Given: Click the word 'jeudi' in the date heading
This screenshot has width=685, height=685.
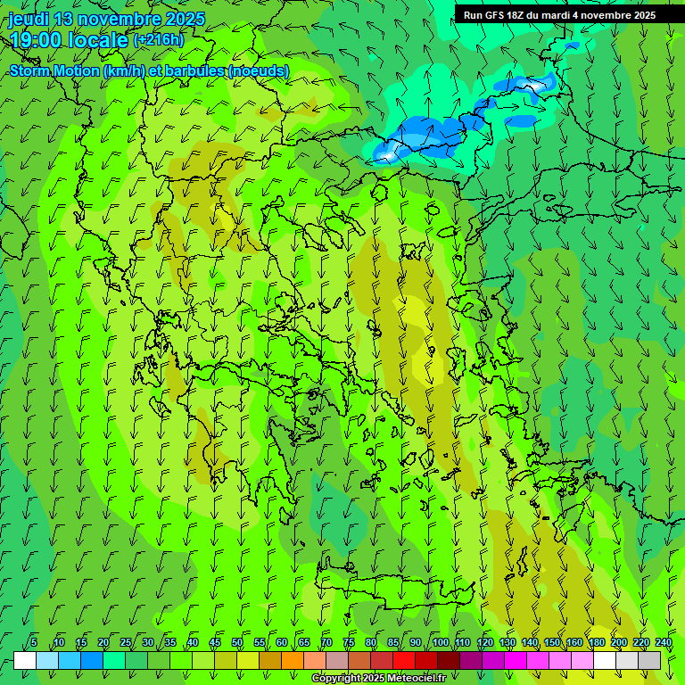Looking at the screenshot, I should tap(29, 19).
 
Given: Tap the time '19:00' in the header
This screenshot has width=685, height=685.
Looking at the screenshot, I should tap(38, 40).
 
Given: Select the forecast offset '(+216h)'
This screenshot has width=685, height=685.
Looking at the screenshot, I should tap(159, 40).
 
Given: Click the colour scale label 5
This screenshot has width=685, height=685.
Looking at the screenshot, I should tap(34, 642).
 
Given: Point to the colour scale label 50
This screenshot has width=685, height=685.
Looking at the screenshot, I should tap(237, 642).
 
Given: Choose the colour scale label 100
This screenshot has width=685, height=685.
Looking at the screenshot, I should tap(440, 642).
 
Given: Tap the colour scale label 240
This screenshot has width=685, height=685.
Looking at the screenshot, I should tap(663, 642).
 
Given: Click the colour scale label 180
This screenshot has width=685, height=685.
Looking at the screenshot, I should tap(596, 642).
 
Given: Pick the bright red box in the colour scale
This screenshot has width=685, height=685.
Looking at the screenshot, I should tap(404, 660).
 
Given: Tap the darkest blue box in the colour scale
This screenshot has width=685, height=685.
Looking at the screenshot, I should tap(92, 660).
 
